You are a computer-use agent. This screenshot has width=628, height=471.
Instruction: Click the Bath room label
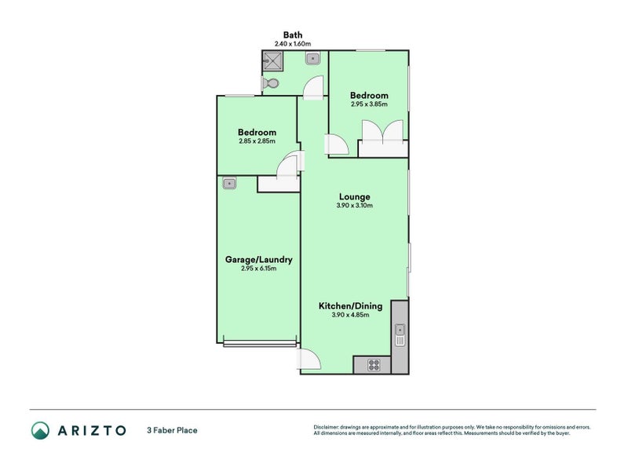[x=293, y=35]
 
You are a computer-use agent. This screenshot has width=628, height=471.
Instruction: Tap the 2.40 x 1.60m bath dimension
[x=293, y=44]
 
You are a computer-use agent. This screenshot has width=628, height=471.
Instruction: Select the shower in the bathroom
[x=276, y=60]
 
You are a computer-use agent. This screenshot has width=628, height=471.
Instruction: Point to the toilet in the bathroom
[x=272, y=83]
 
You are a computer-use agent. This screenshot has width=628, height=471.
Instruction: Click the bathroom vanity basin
[x=312, y=57]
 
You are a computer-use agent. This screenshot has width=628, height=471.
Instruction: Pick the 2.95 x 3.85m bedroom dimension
[x=369, y=104]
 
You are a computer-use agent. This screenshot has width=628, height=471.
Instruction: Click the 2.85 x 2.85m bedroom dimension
[x=257, y=141]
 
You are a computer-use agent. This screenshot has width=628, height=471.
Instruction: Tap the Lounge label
[x=355, y=197]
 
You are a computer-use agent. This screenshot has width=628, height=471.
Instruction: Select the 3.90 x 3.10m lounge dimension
[x=355, y=206]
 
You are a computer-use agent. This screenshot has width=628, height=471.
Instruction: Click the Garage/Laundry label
[x=259, y=260]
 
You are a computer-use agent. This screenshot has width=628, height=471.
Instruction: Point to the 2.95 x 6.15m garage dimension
[x=259, y=268]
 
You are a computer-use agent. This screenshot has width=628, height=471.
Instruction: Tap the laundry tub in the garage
[x=229, y=184]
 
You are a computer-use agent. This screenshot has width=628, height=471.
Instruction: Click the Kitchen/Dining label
[x=350, y=306]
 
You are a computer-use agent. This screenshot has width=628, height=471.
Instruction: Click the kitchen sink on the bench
[x=400, y=334]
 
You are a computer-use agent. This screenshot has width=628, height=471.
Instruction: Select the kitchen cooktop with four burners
[x=374, y=364]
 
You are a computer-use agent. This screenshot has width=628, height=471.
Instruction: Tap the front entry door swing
[x=309, y=359]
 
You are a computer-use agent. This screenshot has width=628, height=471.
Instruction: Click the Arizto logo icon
[x=40, y=429]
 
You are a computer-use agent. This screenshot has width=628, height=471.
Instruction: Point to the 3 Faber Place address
[x=171, y=430]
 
